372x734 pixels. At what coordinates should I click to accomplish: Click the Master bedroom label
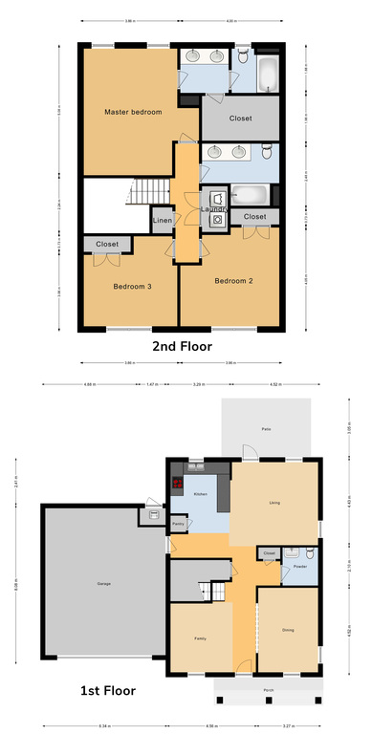pyautogui.click(x=133, y=113)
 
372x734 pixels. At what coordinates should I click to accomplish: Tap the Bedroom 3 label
pyautogui.click(x=133, y=286)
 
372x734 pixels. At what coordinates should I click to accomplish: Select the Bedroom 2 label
pyautogui.click(x=233, y=281)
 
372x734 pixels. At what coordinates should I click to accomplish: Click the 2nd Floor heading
pyautogui.click(x=182, y=346)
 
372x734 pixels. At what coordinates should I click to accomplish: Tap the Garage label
pyautogui.click(x=102, y=583)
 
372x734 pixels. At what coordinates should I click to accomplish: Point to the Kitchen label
pyautogui.click(x=201, y=494)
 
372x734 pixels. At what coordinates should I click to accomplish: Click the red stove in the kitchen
pyautogui.click(x=177, y=484)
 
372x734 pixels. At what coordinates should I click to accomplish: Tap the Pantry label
pyautogui.click(x=178, y=524)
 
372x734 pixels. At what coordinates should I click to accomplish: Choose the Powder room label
pyautogui.click(x=299, y=568)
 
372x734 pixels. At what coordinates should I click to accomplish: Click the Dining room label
pyautogui.click(x=288, y=630)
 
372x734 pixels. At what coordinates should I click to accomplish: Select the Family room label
pyautogui.click(x=201, y=637)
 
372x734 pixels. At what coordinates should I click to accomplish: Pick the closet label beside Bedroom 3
pyautogui.click(x=107, y=245)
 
